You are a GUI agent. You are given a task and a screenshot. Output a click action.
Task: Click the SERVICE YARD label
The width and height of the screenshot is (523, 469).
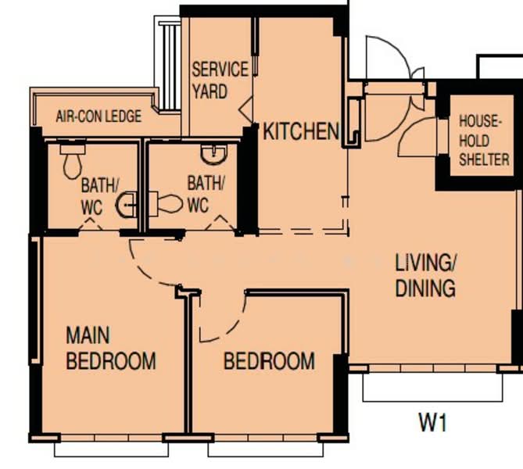(x=220, y=80)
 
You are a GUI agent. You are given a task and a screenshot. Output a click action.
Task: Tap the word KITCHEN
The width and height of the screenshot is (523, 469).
(x=300, y=131)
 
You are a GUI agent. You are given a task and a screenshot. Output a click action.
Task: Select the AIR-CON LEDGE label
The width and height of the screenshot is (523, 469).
(x=99, y=116)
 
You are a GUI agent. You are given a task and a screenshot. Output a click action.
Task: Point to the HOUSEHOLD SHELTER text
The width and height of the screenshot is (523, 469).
(x=484, y=141)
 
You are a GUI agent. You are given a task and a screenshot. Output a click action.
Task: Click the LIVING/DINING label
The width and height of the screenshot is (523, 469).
(x=425, y=275)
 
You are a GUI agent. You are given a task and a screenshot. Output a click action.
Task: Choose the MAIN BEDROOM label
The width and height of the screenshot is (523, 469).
(x=110, y=349)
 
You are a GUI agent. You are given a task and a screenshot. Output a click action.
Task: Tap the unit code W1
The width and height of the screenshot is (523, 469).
(x=432, y=423)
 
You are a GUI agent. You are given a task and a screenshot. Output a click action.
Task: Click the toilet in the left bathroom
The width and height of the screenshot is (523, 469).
(x=72, y=162)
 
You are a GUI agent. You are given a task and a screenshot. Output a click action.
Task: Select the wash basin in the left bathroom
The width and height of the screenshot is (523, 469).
(x=126, y=206)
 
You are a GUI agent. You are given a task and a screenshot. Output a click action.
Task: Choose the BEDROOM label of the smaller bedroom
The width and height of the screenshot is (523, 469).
(x=269, y=361)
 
